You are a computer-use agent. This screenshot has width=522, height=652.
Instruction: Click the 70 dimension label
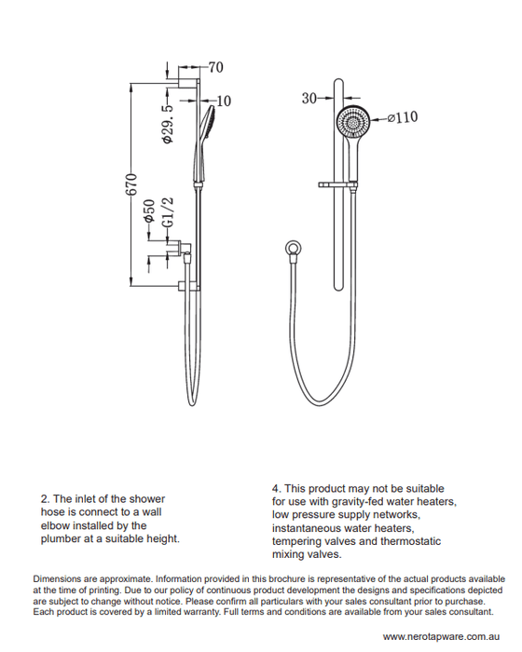tap(216, 67)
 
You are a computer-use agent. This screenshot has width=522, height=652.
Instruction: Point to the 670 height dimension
tap(131, 183)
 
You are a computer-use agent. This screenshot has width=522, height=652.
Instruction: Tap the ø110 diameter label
tap(403, 117)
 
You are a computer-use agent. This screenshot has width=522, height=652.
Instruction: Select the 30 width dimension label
tap(309, 99)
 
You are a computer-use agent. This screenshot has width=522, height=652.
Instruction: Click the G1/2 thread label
tap(168, 212)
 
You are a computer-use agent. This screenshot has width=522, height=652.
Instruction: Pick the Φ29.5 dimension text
tap(168, 124)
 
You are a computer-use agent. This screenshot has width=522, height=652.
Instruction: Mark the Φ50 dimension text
tap(149, 211)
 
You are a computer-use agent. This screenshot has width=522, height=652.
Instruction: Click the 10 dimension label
tap(224, 101)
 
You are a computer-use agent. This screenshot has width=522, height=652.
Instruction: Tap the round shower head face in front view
tap(353, 121)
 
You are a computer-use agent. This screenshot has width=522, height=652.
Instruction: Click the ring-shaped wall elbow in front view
tap(294, 249)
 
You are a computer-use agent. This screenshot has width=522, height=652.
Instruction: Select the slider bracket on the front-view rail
tap(338, 184)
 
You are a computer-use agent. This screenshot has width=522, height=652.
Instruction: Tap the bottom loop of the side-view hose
tap(191, 400)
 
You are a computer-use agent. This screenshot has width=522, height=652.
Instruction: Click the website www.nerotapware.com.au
tap(441, 636)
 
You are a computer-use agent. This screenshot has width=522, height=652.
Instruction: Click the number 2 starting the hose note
tap(44, 499)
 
